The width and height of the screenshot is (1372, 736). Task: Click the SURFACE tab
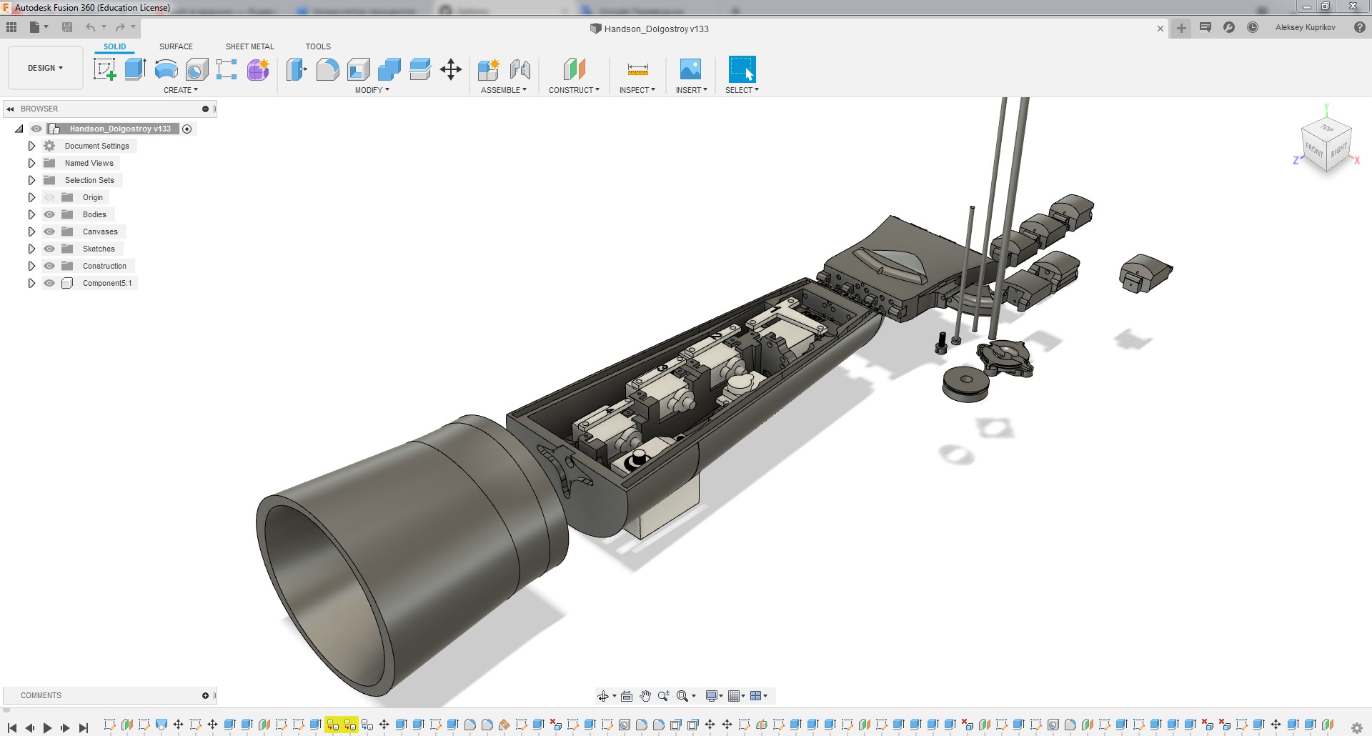176,46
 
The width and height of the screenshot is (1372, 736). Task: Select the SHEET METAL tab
249,46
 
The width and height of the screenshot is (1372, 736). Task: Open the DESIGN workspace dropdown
45,68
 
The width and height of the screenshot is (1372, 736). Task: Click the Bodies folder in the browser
94,214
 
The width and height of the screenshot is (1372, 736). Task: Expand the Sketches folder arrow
31,249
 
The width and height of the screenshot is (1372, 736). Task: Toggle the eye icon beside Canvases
49,232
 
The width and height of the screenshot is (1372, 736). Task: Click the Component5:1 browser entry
106,283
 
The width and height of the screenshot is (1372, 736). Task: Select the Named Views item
89,163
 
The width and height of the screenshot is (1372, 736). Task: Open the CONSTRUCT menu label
574,90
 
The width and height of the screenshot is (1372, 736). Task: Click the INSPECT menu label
637,90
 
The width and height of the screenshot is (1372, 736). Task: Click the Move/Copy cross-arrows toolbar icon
450,69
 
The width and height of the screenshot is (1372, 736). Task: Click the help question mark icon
1359,27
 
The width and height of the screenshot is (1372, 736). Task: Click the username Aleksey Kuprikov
1305,27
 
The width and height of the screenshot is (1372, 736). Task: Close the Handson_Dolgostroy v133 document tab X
1160,29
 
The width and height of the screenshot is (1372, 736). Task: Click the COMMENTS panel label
41,695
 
